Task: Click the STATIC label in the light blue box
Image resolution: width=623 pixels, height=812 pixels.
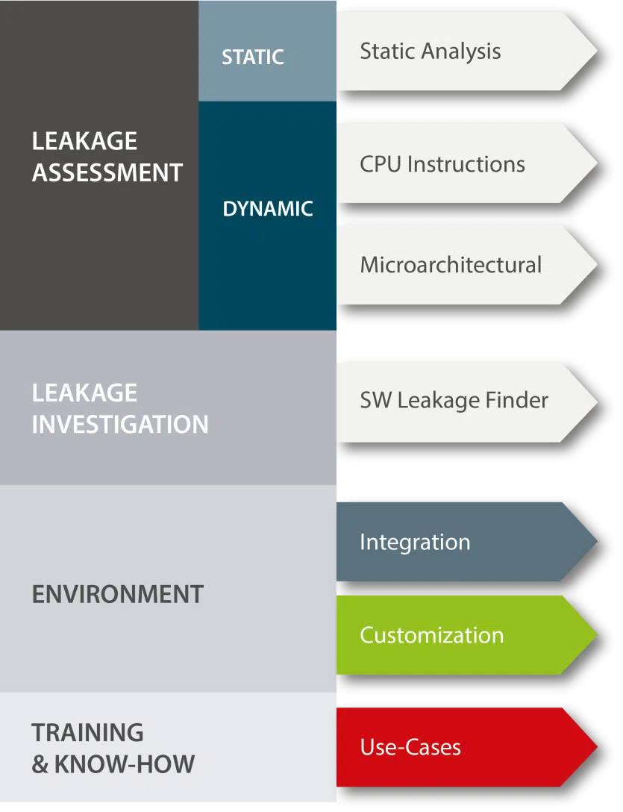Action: click(252, 57)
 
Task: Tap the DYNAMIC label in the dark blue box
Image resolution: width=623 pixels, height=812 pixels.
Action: click(267, 209)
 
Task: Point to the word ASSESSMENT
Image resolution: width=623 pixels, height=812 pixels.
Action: click(107, 173)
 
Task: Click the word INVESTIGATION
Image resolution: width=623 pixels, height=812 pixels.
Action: click(120, 425)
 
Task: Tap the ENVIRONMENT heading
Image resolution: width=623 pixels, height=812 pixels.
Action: click(117, 595)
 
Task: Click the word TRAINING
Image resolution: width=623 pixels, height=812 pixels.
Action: click(87, 733)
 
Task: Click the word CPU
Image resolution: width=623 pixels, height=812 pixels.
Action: click(378, 164)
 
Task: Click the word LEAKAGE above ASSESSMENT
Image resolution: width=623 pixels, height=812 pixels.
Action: click(84, 141)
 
